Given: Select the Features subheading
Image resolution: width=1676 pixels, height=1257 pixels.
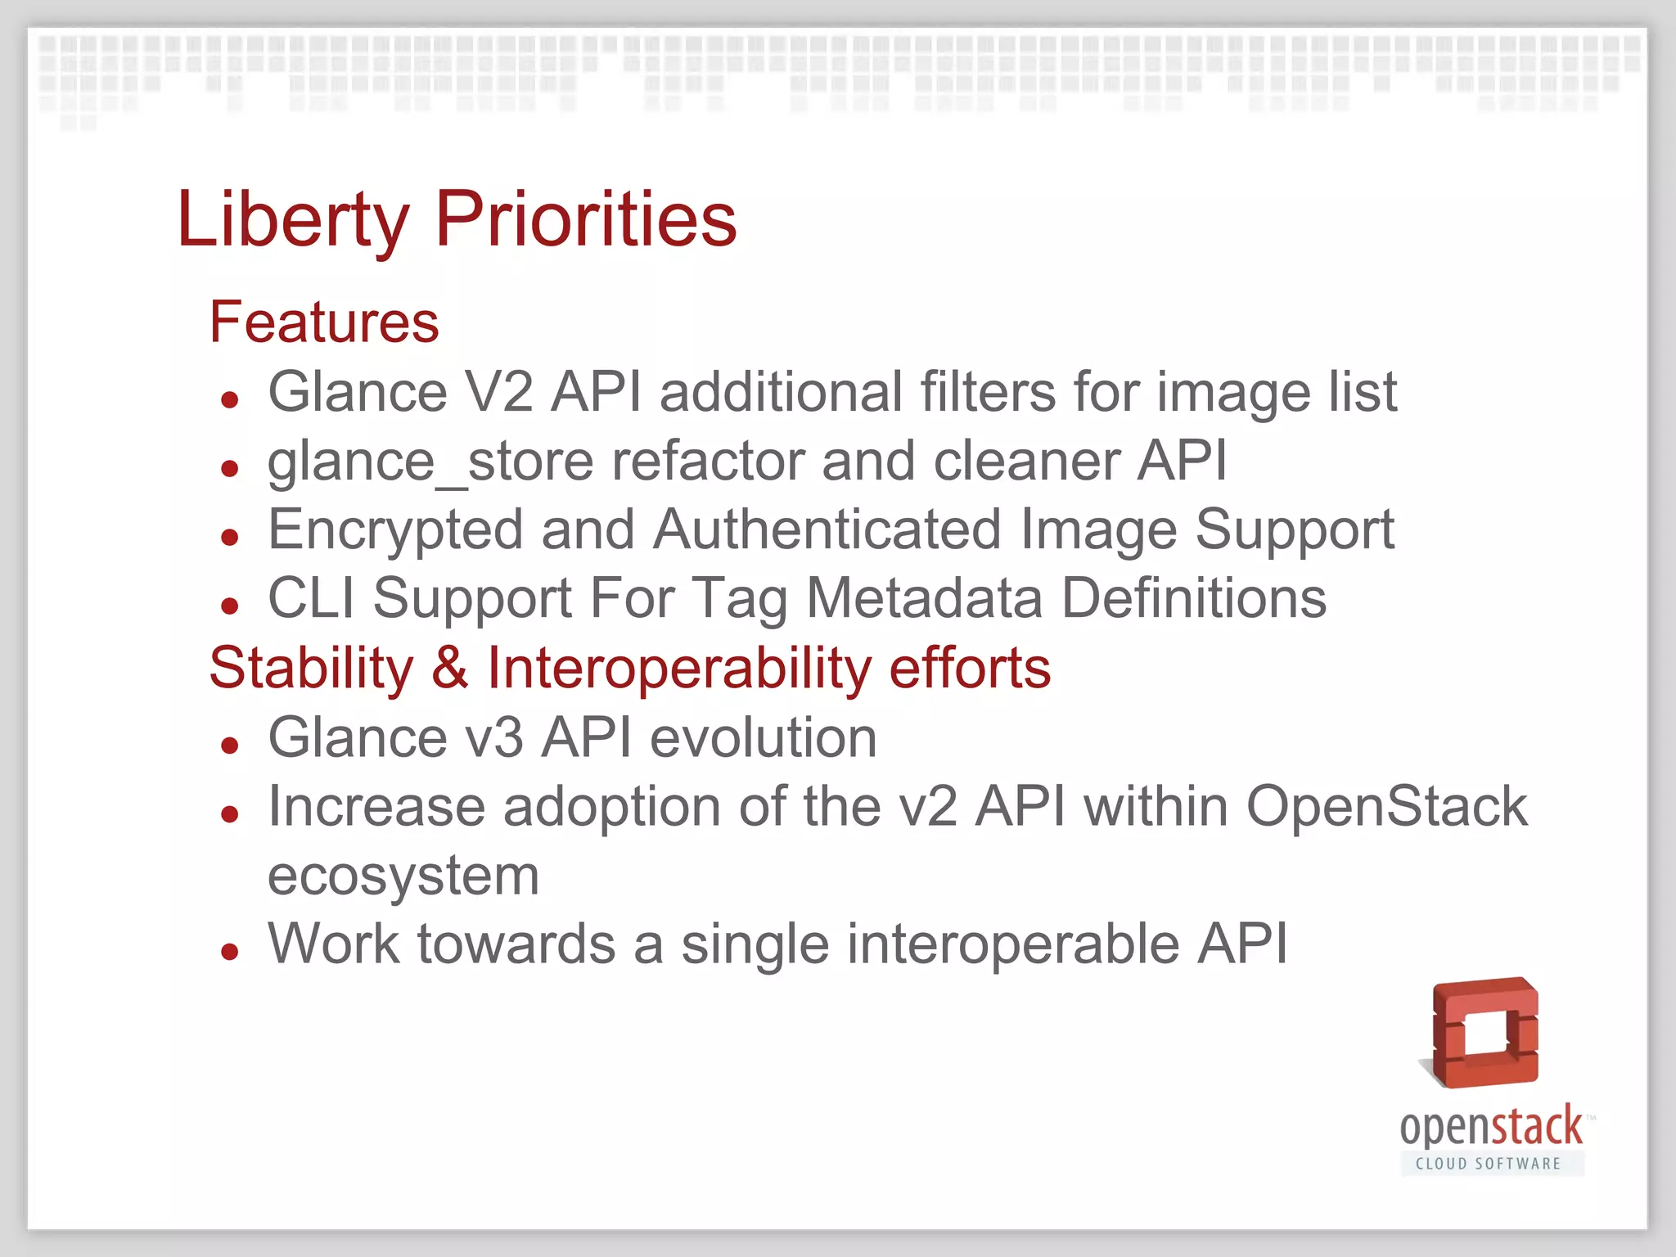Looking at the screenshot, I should point(324,322).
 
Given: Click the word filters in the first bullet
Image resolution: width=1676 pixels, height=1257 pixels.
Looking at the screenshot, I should point(988,392).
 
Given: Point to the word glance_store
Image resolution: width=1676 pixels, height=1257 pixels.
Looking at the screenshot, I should point(367,462).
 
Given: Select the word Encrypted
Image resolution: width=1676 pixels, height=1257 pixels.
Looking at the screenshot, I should point(395,530).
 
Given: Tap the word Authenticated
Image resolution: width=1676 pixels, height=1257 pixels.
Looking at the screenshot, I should point(827,530).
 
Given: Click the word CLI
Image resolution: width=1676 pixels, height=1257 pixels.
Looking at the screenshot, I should point(311,598).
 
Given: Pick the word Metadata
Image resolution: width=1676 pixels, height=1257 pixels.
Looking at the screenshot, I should point(925,598).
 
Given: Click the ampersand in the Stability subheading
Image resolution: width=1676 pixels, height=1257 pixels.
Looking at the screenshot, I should point(450,668).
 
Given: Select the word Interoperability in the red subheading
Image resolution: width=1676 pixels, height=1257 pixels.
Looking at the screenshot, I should point(679,668).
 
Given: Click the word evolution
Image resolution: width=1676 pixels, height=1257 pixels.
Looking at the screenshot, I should point(763,738).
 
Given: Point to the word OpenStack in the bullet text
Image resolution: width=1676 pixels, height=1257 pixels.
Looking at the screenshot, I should point(1386,807).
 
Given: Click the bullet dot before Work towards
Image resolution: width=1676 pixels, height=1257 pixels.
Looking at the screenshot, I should point(230,952).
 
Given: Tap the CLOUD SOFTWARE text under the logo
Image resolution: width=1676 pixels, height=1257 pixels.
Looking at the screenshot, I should point(1488,1164).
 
